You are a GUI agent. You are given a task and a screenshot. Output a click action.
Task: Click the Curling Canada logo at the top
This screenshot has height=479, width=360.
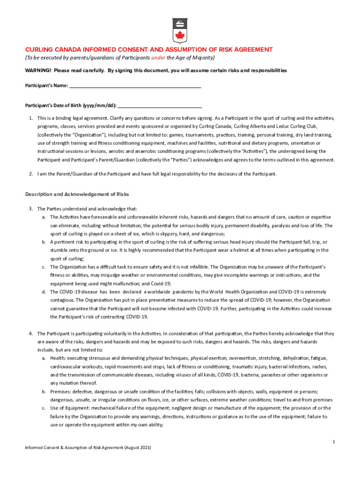click(x=180, y=29)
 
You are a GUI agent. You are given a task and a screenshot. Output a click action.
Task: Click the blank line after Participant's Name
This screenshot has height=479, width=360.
click(x=135, y=86)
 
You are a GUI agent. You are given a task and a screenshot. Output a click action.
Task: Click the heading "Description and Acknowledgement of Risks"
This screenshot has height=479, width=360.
click(x=77, y=194)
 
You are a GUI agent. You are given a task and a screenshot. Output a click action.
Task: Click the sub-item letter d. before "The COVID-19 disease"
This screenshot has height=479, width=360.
click(x=43, y=292)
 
